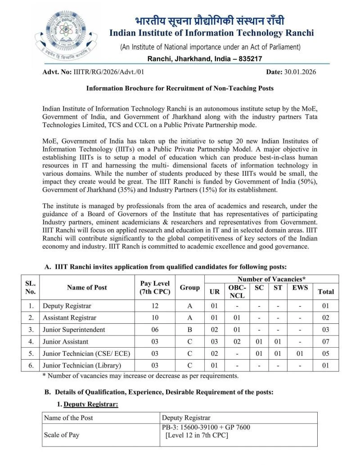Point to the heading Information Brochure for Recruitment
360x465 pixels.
click(x=180, y=89)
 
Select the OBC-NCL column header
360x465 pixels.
click(x=237, y=291)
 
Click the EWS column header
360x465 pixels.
click(x=300, y=287)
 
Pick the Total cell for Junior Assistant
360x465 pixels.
click(x=326, y=342)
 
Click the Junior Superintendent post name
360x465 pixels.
click(x=74, y=330)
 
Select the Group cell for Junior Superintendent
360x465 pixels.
click(x=189, y=330)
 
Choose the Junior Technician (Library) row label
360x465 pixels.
click(x=82, y=365)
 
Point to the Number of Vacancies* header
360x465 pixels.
click(x=271, y=279)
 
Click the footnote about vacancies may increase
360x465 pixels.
click(x=140, y=376)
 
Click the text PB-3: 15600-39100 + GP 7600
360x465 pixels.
click(x=206, y=427)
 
